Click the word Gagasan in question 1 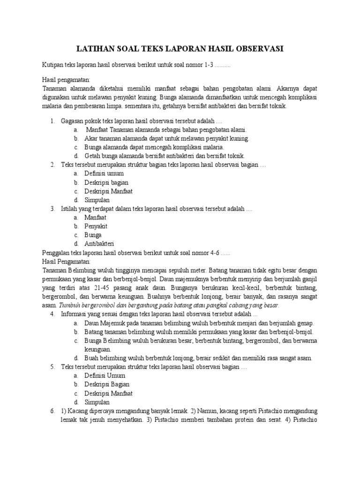click(x=73, y=121)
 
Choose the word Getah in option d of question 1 click(x=93, y=156)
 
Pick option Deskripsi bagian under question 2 click(x=106, y=182)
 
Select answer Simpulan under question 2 click(x=97, y=200)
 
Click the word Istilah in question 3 click(x=70, y=209)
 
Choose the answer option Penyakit click(x=97, y=226)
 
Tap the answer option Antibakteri click(x=99, y=244)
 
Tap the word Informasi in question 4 click(x=75, y=314)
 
